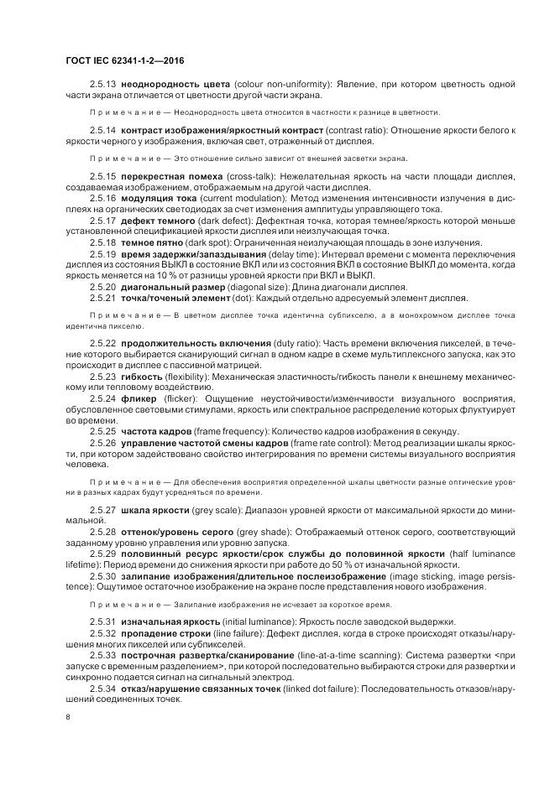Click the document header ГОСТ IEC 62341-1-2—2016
point(124,60)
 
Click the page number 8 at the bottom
point(67,717)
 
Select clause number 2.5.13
point(103,86)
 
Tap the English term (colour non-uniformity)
point(278,86)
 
